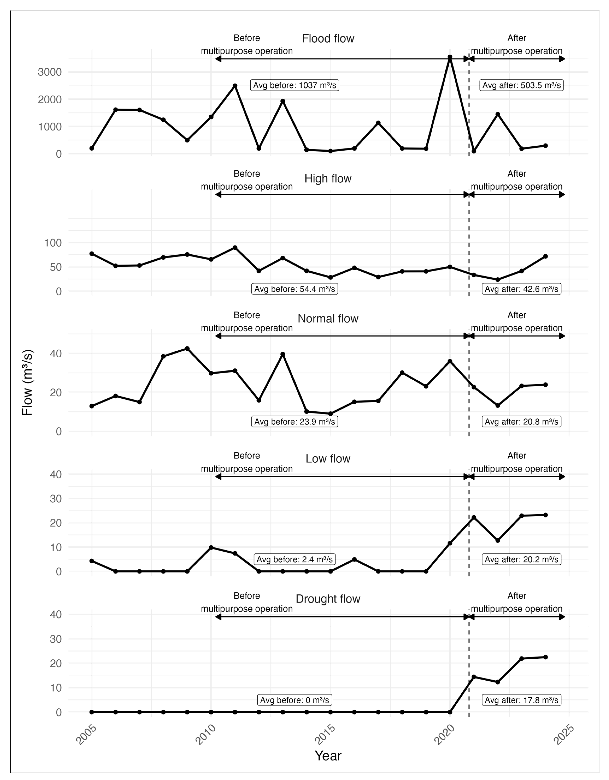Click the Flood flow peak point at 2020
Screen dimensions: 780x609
coord(450,57)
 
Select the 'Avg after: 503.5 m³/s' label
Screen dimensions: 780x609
coord(522,85)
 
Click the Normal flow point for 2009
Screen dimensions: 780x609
coord(187,349)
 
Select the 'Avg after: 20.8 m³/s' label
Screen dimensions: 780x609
coord(522,422)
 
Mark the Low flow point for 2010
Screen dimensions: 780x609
coord(211,548)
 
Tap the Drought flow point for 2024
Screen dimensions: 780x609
coord(545,657)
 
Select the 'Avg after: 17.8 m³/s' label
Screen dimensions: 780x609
coord(522,700)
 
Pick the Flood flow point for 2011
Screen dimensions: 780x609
coord(235,86)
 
